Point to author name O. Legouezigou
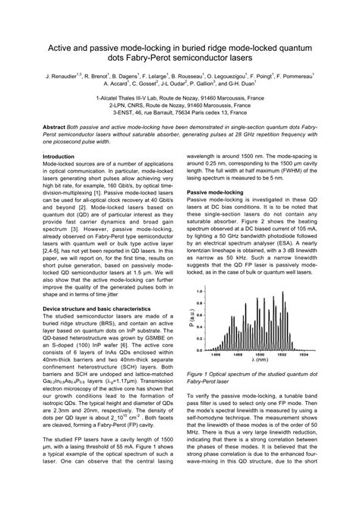pyautogui.click(x=221, y=77)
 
